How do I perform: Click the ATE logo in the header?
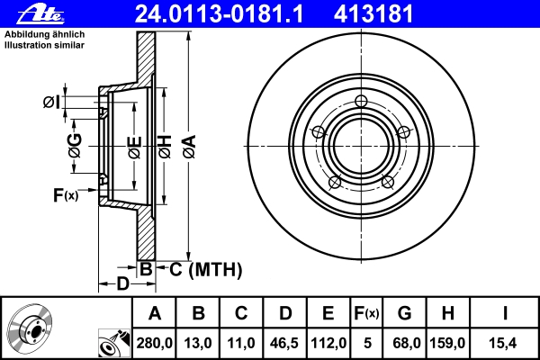40,14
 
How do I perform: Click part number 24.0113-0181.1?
219,14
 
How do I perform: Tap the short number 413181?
373,14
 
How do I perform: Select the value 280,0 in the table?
154,343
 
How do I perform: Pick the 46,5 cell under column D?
284,343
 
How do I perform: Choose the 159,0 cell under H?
447,343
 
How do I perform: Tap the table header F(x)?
366,313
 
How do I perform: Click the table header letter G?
404,313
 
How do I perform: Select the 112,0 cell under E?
328,343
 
